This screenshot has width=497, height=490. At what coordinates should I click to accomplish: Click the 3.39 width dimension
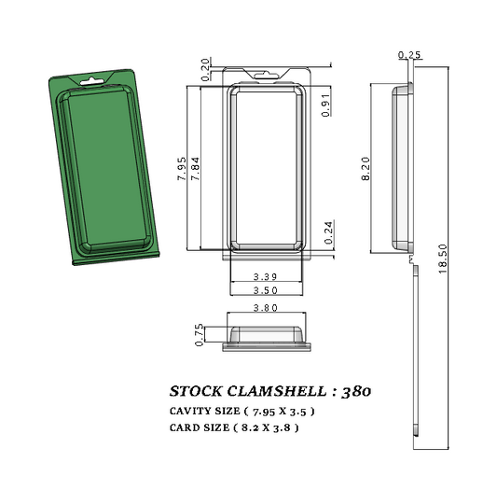point(266,277)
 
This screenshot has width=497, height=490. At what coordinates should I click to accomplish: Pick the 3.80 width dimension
point(266,308)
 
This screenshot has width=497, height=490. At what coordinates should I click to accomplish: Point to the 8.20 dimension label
point(366,169)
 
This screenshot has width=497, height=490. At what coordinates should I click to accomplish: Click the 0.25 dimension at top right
point(408,55)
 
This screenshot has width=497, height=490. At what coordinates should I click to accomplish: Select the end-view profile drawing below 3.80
point(266,338)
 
